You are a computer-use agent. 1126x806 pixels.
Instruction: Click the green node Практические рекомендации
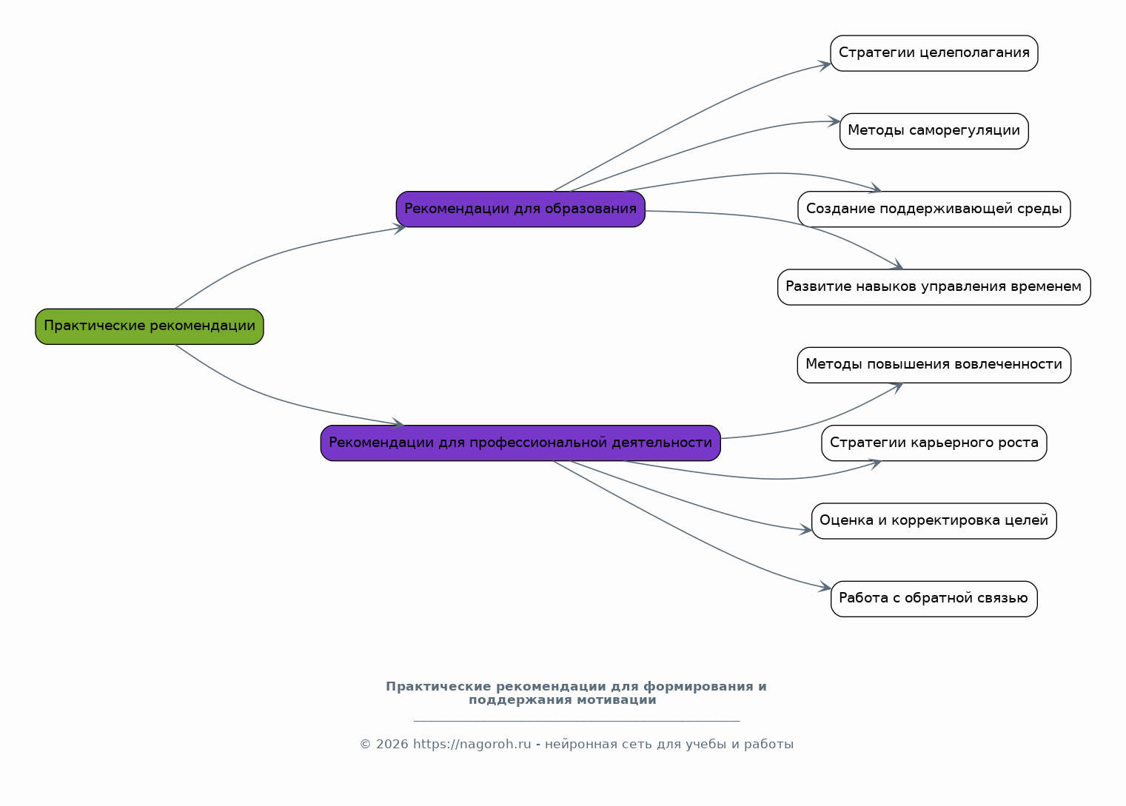point(150,326)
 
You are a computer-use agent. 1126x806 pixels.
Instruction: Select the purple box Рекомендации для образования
point(520,209)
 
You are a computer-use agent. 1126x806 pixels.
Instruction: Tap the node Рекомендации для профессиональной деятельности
point(520,443)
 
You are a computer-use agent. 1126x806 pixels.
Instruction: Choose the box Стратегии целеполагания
point(934,53)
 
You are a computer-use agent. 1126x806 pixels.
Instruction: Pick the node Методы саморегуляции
point(934,131)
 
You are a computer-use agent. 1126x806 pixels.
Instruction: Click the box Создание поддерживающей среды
point(934,209)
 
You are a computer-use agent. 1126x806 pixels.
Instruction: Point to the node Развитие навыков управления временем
point(934,287)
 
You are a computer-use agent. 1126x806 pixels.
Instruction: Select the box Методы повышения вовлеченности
point(934,365)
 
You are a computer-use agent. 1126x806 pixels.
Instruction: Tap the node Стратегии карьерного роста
point(934,443)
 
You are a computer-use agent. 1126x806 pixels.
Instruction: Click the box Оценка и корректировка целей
point(934,521)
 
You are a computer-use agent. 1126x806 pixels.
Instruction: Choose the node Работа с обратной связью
point(934,599)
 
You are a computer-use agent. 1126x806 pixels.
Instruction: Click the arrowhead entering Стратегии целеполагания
point(825,65)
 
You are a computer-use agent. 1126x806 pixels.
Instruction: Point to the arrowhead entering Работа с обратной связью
point(825,587)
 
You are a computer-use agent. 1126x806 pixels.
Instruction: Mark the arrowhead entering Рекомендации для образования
point(400,229)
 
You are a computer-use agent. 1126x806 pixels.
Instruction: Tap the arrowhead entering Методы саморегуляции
point(834,121)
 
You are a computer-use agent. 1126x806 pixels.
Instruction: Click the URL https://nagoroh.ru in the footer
point(472,744)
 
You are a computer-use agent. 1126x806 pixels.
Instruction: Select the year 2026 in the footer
point(392,744)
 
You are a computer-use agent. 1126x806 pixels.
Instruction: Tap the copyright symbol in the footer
point(366,744)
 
